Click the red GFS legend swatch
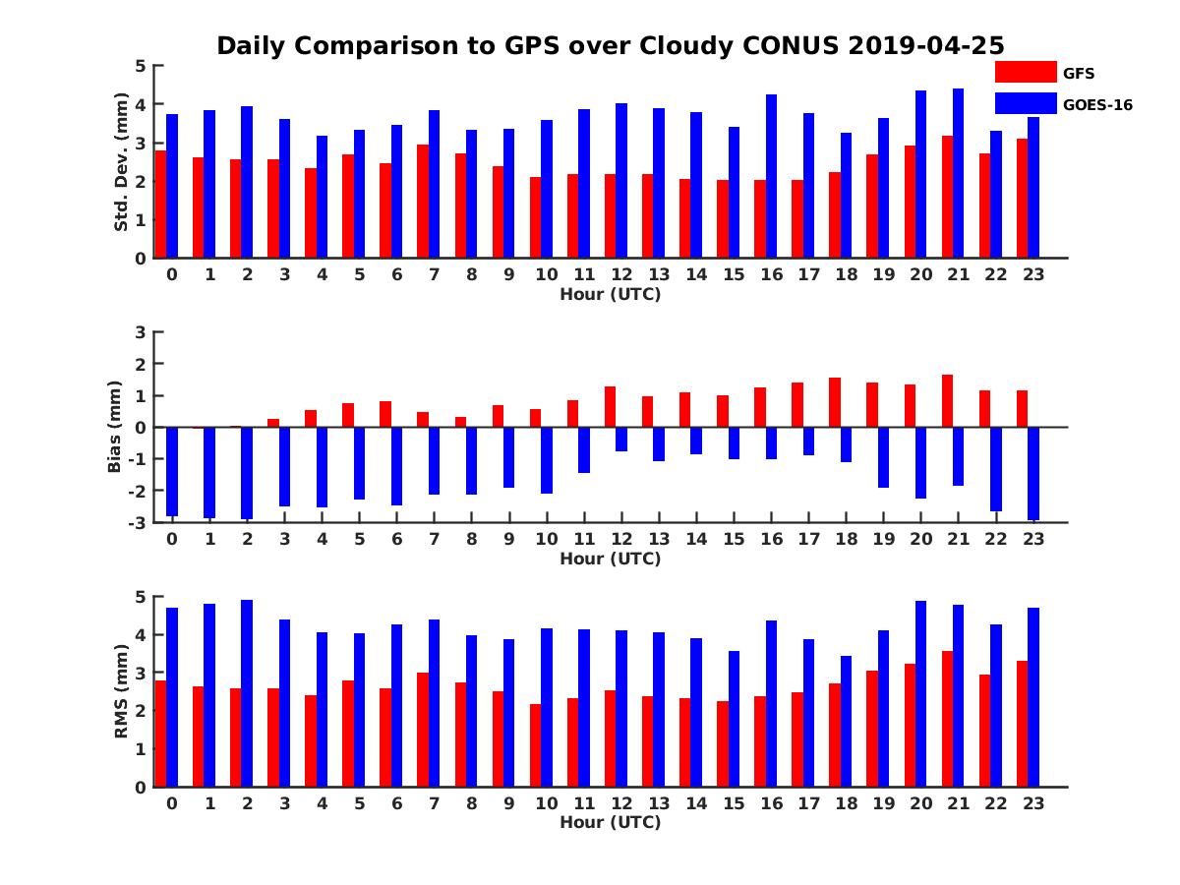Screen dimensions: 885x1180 [x=1026, y=72]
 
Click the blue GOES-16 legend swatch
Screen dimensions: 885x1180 [x=1026, y=103]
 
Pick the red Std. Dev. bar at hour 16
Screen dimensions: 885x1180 [x=760, y=218]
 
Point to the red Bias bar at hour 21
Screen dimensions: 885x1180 [x=947, y=401]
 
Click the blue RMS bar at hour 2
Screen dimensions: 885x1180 [x=247, y=693]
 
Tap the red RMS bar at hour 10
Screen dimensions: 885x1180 [x=535, y=745]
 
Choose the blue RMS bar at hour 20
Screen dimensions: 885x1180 [x=920, y=693]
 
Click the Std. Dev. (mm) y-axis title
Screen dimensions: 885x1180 [x=122, y=162]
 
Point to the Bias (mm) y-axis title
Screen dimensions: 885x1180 [x=115, y=426]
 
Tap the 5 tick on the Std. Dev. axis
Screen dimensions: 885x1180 [x=142, y=66]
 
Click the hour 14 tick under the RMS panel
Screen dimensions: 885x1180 [x=696, y=802]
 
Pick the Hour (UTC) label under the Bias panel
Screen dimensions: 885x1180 [x=610, y=559]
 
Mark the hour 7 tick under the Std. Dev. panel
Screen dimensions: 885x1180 [x=435, y=274]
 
